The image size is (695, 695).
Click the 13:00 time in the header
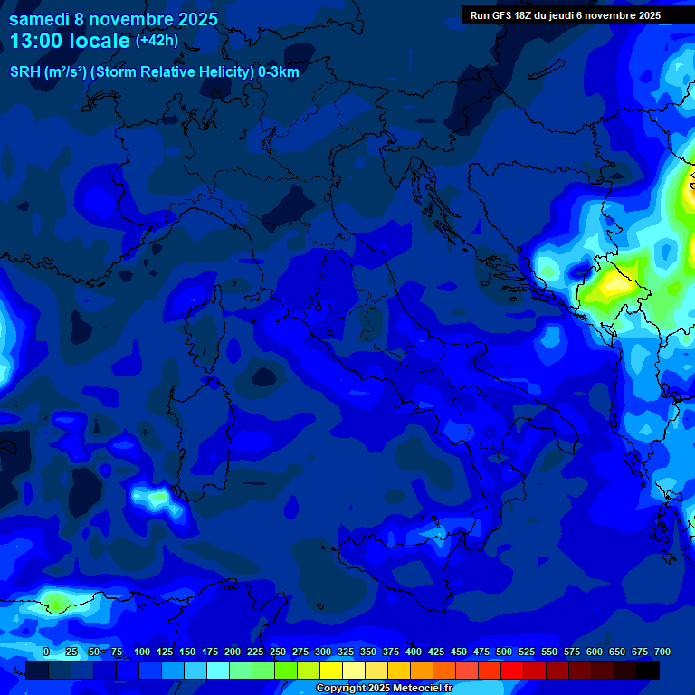tap(35, 40)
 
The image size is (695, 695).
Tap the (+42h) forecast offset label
tap(158, 40)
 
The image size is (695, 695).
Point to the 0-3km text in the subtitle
tap(278, 72)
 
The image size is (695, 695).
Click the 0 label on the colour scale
tap(46, 652)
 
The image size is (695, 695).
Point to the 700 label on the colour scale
tap(662, 652)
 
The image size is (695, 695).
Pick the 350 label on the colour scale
tap(368, 652)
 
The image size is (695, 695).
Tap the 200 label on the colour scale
tap(233, 652)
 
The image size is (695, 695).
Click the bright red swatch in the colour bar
tap(512, 670)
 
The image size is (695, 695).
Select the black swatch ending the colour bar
tap(648, 670)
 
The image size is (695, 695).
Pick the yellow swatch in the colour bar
tap(331, 670)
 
